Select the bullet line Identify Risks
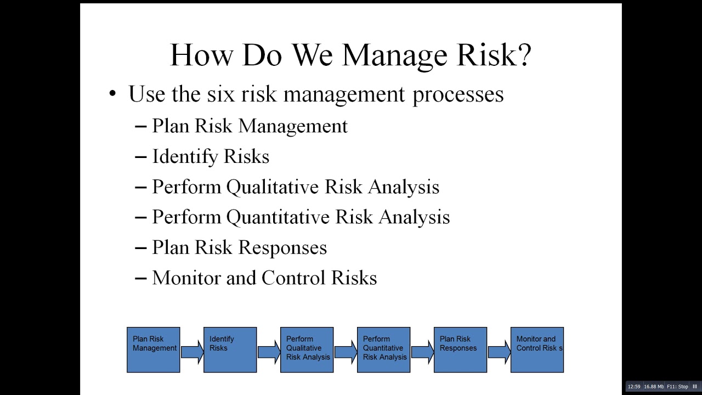click(210, 157)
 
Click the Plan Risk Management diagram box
click(154, 350)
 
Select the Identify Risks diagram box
click(230, 350)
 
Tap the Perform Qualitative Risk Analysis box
click(307, 350)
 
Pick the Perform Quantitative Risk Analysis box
click(383, 350)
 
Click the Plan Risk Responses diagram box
click(460, 350)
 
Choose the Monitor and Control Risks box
click(537, 350)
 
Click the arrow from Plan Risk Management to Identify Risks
click(192, 351)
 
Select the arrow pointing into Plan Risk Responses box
click(422, 351)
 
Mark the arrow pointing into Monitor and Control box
click(499, 351)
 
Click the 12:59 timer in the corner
click(633, 387)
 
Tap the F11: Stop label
click(677, 387)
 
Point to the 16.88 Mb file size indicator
click(654, 387)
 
